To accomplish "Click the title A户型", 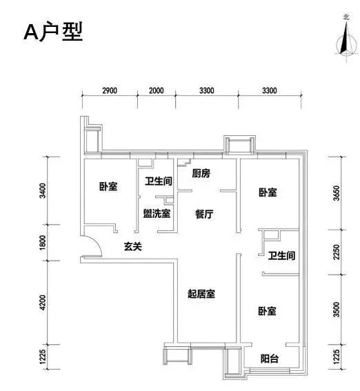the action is tap(53, 32).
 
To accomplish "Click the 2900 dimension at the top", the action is tap(110, 90).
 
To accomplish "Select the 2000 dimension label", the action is tap(157, 90).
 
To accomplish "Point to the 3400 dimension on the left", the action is tap(43, 191).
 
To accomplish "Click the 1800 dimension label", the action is tap(43, 243).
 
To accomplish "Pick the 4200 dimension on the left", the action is tap(43, 303).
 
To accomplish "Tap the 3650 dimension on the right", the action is tap(337, 193).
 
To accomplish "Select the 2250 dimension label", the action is tap(337, 252).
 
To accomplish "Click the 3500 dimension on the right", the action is tap(337, 310).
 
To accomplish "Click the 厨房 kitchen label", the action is tap(201, 173).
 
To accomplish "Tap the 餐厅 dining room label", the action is tap(204, 214).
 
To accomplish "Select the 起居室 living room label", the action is tap(201, 294).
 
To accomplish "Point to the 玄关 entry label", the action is tap(133, 247).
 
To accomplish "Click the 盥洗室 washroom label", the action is tap(157, 214).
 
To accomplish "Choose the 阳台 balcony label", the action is tap(270, 359).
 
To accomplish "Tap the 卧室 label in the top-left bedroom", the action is tap(108, 186).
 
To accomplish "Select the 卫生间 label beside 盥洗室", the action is tap(159, 181).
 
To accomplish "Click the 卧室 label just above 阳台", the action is tap(267, 311).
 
